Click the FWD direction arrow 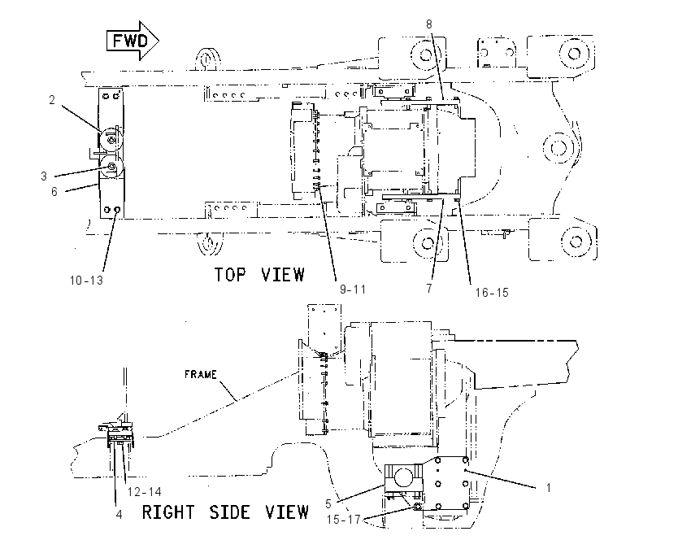pos(133,41)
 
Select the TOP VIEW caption pos(259,275)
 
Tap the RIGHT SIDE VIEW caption pos(225,512)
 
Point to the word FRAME pos(201,375)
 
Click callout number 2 pos(52,100)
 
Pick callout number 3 pos(44,176)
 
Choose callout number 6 pos(54,191)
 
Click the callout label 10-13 pos(86,280)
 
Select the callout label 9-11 pos(353,290)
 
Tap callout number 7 pos(429,288)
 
